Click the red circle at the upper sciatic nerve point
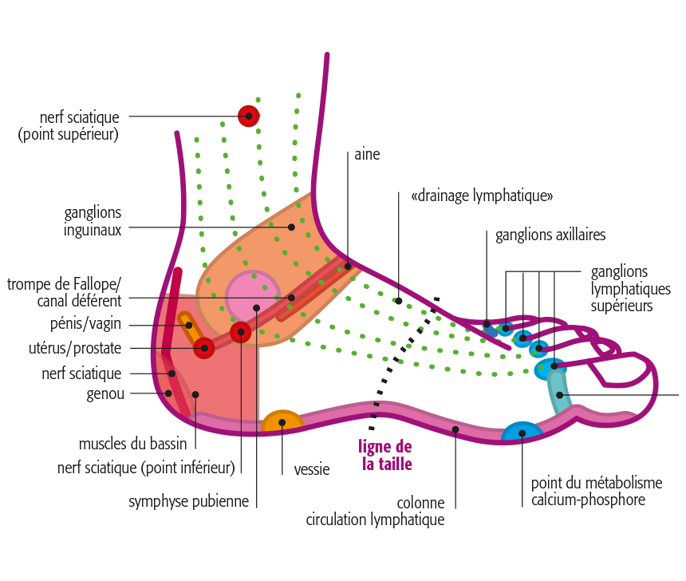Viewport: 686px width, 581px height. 249,116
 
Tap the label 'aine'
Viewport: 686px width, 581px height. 368,155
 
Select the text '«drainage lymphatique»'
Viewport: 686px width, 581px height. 482,196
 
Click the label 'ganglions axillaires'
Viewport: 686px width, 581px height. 550,235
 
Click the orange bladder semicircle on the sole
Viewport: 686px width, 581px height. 282,423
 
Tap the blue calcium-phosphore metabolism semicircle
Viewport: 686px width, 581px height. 522,433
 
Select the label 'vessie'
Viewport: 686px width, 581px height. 312,470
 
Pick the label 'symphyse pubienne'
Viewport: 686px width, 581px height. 189,502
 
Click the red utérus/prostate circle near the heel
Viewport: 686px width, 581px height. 204,348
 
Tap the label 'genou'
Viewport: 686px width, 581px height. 106,393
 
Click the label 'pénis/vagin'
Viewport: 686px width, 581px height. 85,325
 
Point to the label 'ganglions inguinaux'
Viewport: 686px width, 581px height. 93,221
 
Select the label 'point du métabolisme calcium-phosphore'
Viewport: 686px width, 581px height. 597,492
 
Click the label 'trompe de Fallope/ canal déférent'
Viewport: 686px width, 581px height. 64,292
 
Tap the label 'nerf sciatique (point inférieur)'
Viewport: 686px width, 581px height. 146,468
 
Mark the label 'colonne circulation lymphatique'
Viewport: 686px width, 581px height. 375,512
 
